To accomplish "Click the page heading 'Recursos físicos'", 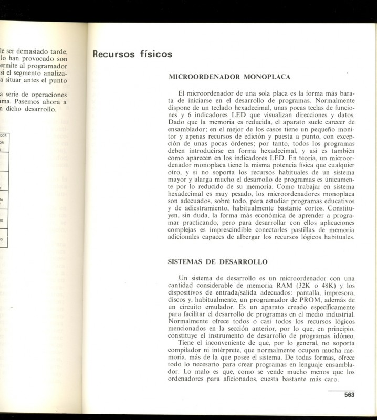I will (132, 54).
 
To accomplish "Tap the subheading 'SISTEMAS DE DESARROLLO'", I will (217, 261).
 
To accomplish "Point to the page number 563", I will (350, 395).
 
